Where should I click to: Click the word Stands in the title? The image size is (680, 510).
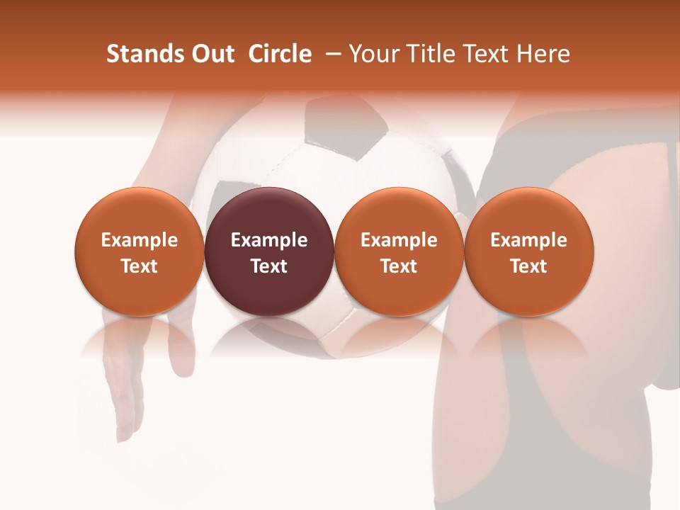(x=141, y=54)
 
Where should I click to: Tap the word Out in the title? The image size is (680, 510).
(x=211, y=54)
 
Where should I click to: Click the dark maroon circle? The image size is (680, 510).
(x=269, y=251)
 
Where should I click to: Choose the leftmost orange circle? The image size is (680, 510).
(x=140, y=251)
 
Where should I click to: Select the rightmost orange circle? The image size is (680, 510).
(x=528, y=251)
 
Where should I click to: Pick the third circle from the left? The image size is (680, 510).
(x=399, y=251)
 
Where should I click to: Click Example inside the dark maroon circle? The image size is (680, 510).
(x=269, y=240)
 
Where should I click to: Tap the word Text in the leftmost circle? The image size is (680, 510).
(x=140, y=266)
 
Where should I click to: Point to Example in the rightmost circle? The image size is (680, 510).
(x=528, y=240)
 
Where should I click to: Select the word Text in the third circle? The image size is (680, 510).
(x=399, y=266)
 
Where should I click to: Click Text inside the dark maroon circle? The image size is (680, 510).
(x=269, y=266)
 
